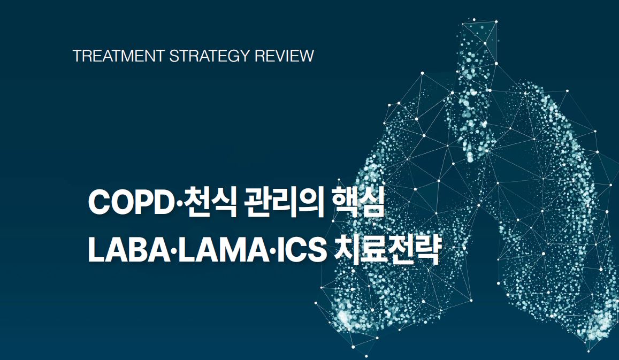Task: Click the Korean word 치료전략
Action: coord(385,250)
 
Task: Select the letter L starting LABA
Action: coord(95,250)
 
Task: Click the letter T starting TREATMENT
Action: coord(77,56)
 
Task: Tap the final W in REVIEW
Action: coord(307,56)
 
